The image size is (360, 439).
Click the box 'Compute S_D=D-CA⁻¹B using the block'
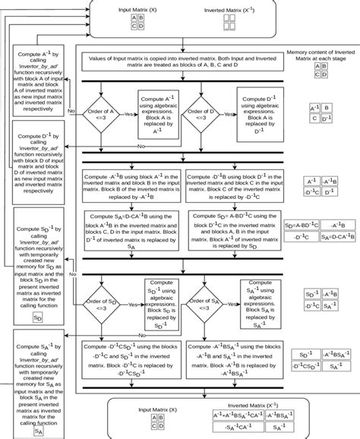132,230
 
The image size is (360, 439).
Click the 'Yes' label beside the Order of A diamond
130,113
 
